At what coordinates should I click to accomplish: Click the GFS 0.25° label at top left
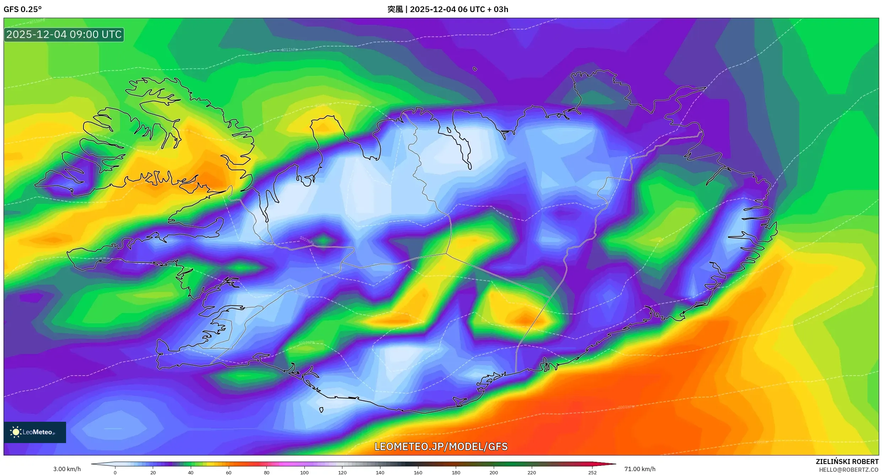click(22, 9)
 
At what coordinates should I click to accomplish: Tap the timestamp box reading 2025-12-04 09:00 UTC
click(64, 35)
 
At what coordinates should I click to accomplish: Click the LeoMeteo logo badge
click(35, 432)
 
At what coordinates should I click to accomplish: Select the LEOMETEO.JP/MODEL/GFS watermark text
click(441, 447)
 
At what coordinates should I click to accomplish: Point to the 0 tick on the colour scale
click(115, 472)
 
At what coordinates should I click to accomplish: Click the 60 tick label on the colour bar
click(228, 472)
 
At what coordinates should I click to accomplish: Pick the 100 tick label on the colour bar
click(304, 472)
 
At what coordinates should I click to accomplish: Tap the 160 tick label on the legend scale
click(418, 472)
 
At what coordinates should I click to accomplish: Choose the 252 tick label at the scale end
click(592, 472)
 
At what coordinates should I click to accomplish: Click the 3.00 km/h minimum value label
click(67, 469)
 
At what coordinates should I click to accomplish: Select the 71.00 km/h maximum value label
click(640, 469)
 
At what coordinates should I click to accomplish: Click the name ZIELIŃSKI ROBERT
click(847, 462)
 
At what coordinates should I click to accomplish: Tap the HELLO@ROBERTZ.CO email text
click(848, 470)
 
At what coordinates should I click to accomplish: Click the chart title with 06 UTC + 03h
click(448, 9)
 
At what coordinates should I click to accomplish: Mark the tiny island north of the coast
click(475, 69)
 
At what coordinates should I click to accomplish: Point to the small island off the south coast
click(321, 410)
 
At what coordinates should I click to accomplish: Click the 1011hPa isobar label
click(289, 50)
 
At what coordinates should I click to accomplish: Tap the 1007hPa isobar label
click(306, 240)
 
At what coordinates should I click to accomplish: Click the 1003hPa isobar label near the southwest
click(306, 343)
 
